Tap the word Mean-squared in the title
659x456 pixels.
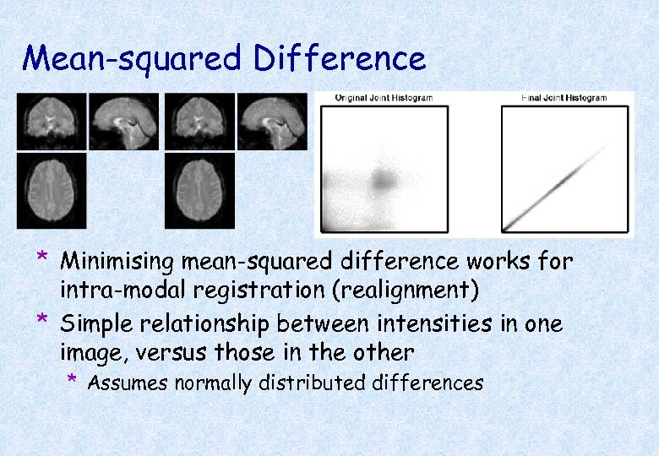(x=131, y=59)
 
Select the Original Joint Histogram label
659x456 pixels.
(x=384, y=98)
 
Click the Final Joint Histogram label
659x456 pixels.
(x=564, y=98)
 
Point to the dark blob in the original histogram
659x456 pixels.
(x=384, y=179)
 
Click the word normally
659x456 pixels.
(x=214, y=383)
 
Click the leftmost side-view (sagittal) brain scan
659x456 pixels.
(x=123, y=122)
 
